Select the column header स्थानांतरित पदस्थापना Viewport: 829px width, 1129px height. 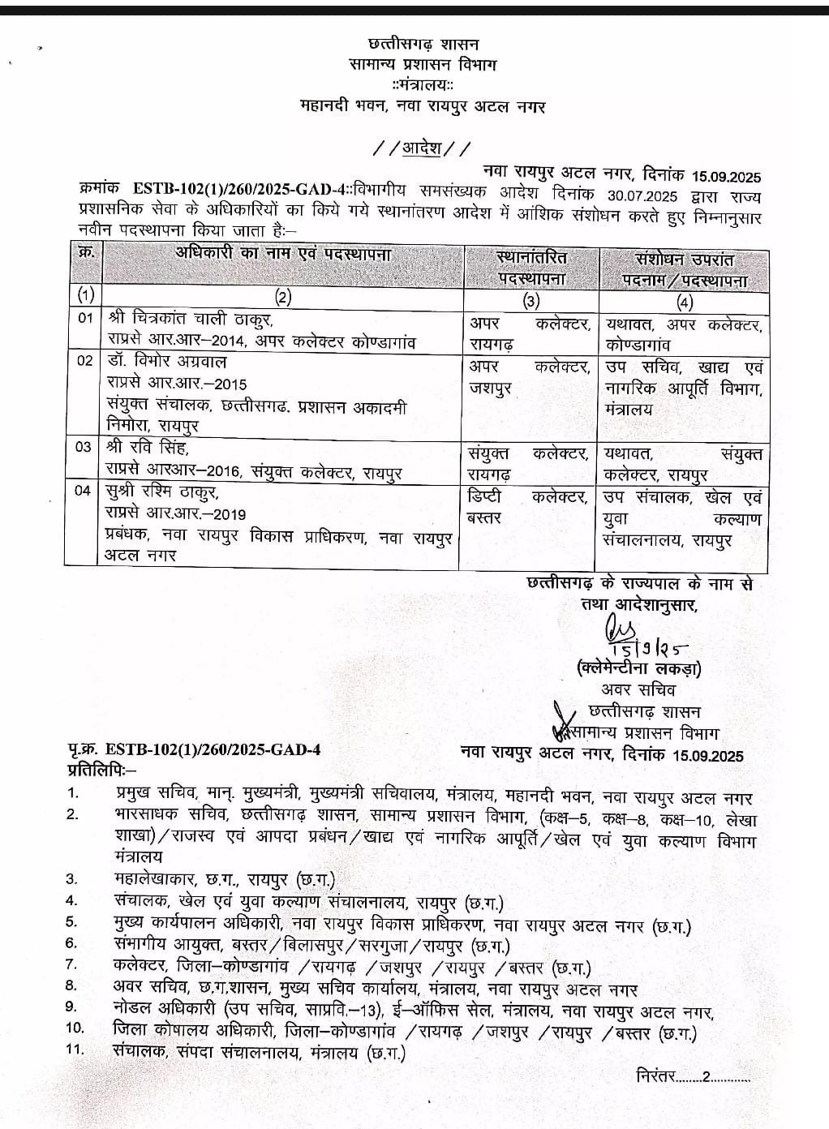[531, 268]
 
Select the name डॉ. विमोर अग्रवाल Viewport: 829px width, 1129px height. [165, 362]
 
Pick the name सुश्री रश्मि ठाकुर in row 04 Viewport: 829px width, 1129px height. [162, 492]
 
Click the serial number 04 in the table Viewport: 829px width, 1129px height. [84, 492]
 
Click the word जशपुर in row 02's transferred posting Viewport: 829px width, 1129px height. [492, 388]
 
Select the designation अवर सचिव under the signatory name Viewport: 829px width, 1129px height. [638, 690]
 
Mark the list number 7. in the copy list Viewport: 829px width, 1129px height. [71, 964]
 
